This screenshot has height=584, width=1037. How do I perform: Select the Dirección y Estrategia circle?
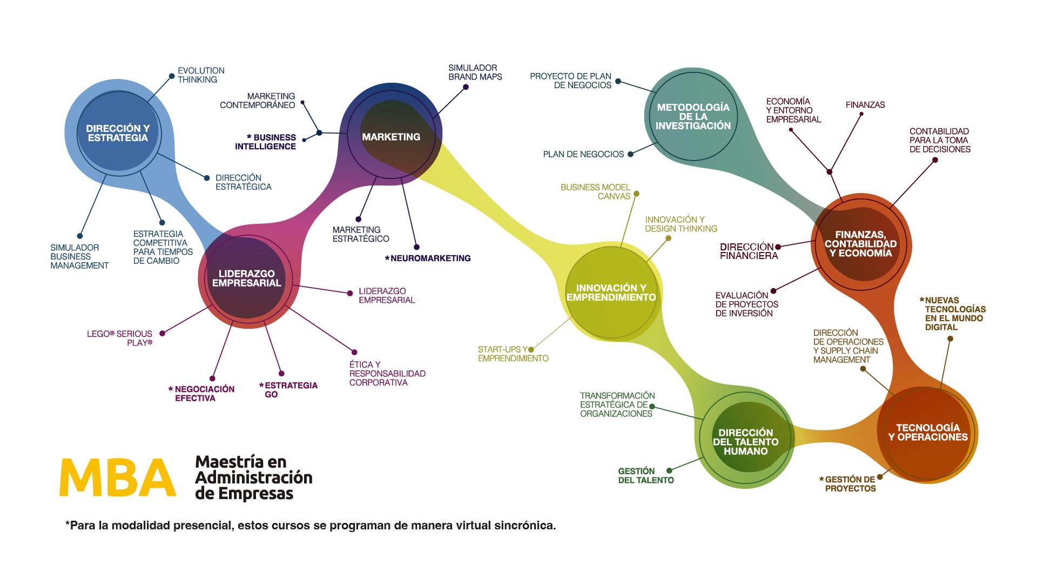[x=119, y=133]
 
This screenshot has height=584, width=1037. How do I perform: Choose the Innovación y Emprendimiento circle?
[x=611, y=293]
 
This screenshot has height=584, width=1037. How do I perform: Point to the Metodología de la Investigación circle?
[x=693, y=116]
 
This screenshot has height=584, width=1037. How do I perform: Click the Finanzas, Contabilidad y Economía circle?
[x=861, y=244]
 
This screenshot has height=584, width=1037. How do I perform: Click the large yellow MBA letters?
[x=118, y=477]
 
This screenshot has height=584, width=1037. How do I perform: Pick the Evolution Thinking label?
[x=201, y=75]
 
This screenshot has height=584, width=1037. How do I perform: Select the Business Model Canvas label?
[x=595, y=192]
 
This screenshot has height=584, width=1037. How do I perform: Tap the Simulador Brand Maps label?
[x=475, y=72]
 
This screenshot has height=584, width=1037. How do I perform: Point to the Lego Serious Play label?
[x=120, y=339]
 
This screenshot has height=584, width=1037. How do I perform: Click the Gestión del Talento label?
[x=646, y=476]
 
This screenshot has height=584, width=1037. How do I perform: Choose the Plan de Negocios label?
[x=583, y=155]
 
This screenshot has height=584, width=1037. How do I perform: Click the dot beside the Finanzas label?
[x=861, y=114]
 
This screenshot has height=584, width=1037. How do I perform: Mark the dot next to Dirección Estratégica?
[x=207, y=178]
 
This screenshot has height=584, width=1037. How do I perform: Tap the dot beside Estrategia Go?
[x=281, y=374]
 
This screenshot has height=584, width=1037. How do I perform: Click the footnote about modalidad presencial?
[x=311, y=526]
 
